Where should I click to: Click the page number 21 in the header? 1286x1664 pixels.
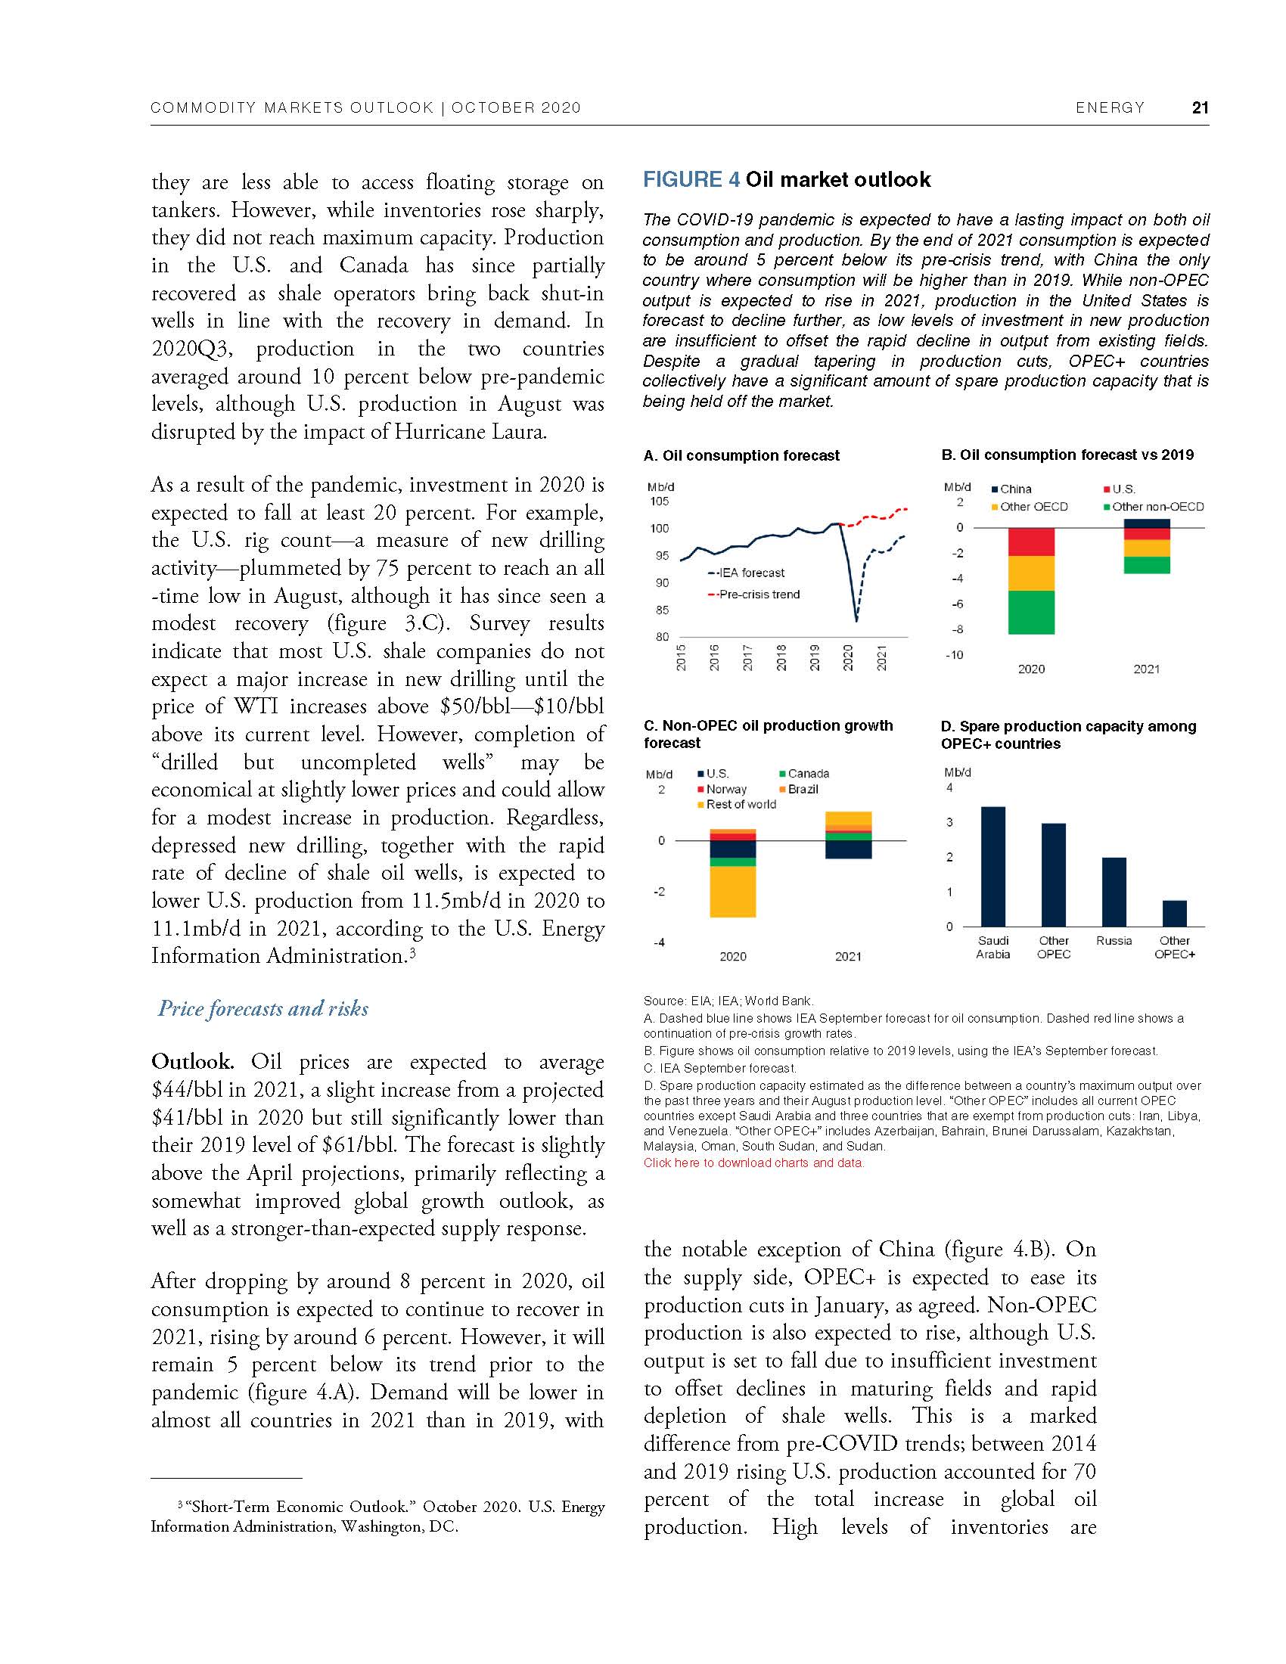coord(1200,107)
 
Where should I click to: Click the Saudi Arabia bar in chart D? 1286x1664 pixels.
coord(992,866)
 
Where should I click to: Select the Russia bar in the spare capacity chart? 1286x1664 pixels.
coord(1114,892)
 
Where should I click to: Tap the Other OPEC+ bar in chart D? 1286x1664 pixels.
coord(1174,913)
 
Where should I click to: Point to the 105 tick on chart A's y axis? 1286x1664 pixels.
coord(659,501)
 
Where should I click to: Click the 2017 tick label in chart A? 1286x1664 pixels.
coord(747,657)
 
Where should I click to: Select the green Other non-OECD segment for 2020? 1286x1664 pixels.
coord(1031,612)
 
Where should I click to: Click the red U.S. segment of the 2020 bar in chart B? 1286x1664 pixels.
coord(1031,542)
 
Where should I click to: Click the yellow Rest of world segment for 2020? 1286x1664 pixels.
coord(732,891)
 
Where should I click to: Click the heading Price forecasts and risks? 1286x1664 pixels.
coord(262,1009)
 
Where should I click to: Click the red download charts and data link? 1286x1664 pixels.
coord(753,1163)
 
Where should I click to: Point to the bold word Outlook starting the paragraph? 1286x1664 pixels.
coord(192,1061)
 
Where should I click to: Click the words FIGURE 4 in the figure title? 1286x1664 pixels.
coord(691,180)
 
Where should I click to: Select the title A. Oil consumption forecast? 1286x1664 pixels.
coord(741,455)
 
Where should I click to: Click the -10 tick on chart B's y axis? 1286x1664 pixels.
coord(954,655)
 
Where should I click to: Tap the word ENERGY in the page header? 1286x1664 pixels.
coord(1109,107)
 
